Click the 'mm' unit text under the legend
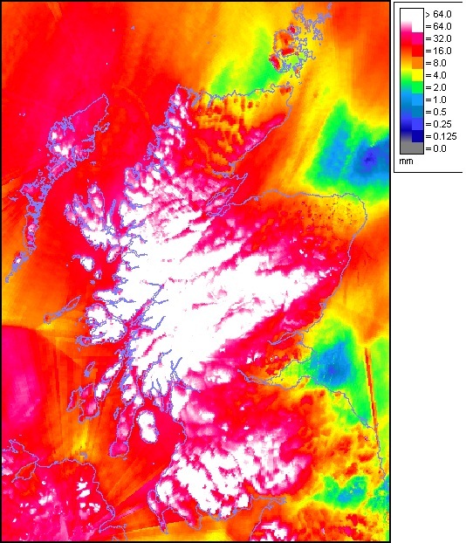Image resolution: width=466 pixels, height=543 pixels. [405, 162]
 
